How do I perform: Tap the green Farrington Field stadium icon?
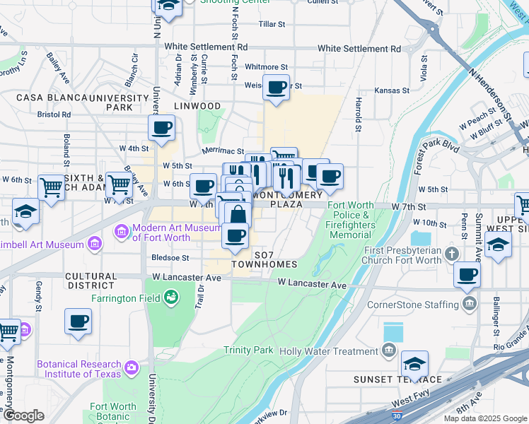(170, 298)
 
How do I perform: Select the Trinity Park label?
(248, 350)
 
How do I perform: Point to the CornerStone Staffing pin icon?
(468, 305)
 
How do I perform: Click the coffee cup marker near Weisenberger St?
(276, 88)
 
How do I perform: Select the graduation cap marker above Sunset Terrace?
(415, 364)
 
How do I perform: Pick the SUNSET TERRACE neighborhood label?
(398, 379)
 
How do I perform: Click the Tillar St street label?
(272, 24)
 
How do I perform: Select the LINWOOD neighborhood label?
(199, 106)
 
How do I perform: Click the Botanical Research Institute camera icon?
(131, 367)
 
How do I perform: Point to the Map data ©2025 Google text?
(484, 418)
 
